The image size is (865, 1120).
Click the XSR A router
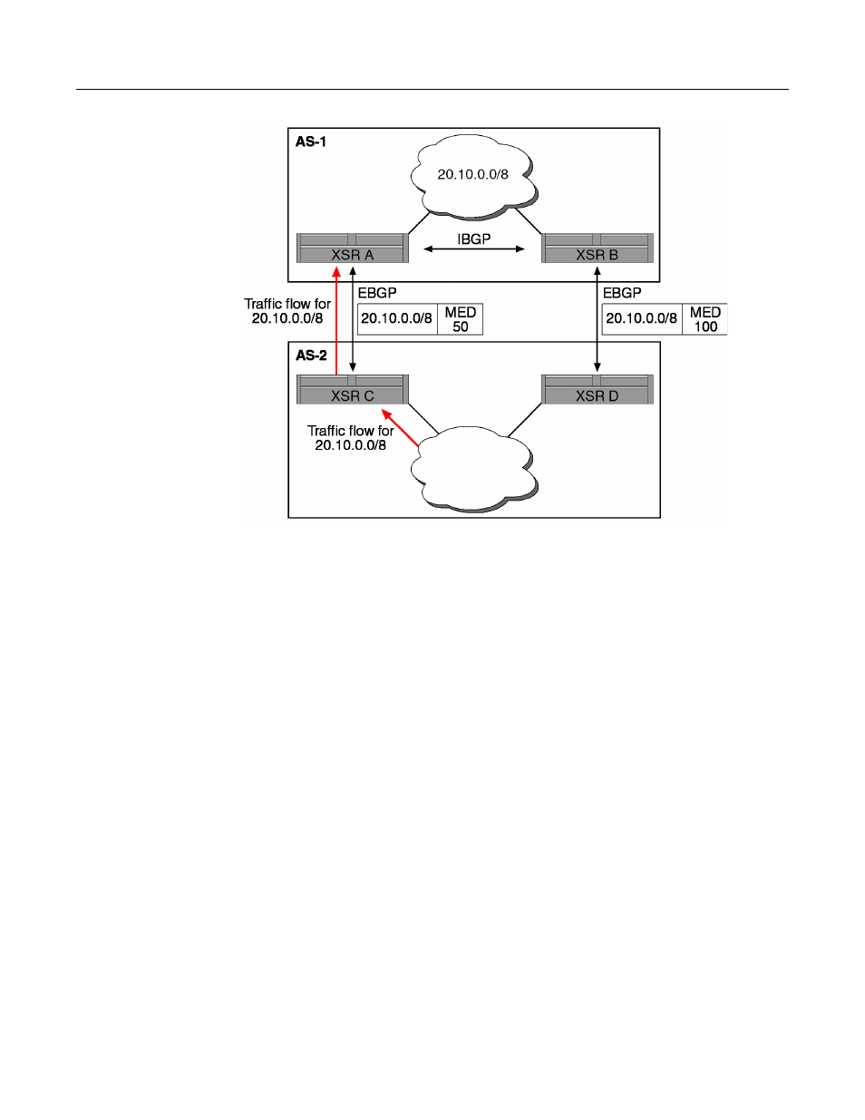click(353, 248)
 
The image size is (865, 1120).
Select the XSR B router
click(598, 248)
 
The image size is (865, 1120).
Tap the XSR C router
click(353, 389)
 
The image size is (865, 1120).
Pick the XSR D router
click(598, 389)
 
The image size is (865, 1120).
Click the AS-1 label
click(311, 141)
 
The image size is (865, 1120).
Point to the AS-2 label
click(311, 355)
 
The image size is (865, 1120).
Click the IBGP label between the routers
click(474, 239)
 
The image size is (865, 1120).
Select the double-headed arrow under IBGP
click(474, 249)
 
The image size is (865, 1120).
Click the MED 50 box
click(460, 319)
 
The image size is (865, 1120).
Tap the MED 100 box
click(705, 319)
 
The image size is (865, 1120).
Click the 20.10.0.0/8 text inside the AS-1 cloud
click(473, 175)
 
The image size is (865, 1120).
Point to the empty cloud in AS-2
click(474, 469)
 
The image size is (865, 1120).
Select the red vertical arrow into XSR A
click(336, 321)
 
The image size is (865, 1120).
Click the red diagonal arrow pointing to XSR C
click(400, 427)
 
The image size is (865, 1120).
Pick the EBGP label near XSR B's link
click(622, 293)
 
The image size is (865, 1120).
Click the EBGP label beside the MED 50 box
click(377, 293)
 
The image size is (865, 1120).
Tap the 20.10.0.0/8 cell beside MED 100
click(642, 319)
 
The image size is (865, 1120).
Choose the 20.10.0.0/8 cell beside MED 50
click(397, 319)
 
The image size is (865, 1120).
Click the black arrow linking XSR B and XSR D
click(598, 319)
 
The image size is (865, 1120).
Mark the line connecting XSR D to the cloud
click(525, 420)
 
